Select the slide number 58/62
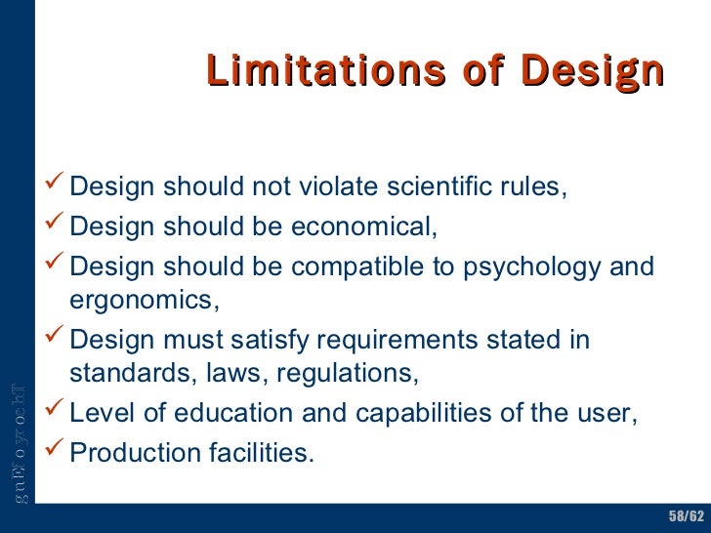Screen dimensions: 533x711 click(x=686, y=514)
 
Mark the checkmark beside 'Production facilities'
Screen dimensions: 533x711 click(x=56, y=451)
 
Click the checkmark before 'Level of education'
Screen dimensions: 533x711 click(x=56, y=411)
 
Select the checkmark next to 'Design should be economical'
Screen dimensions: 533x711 click(x=56, y=225)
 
